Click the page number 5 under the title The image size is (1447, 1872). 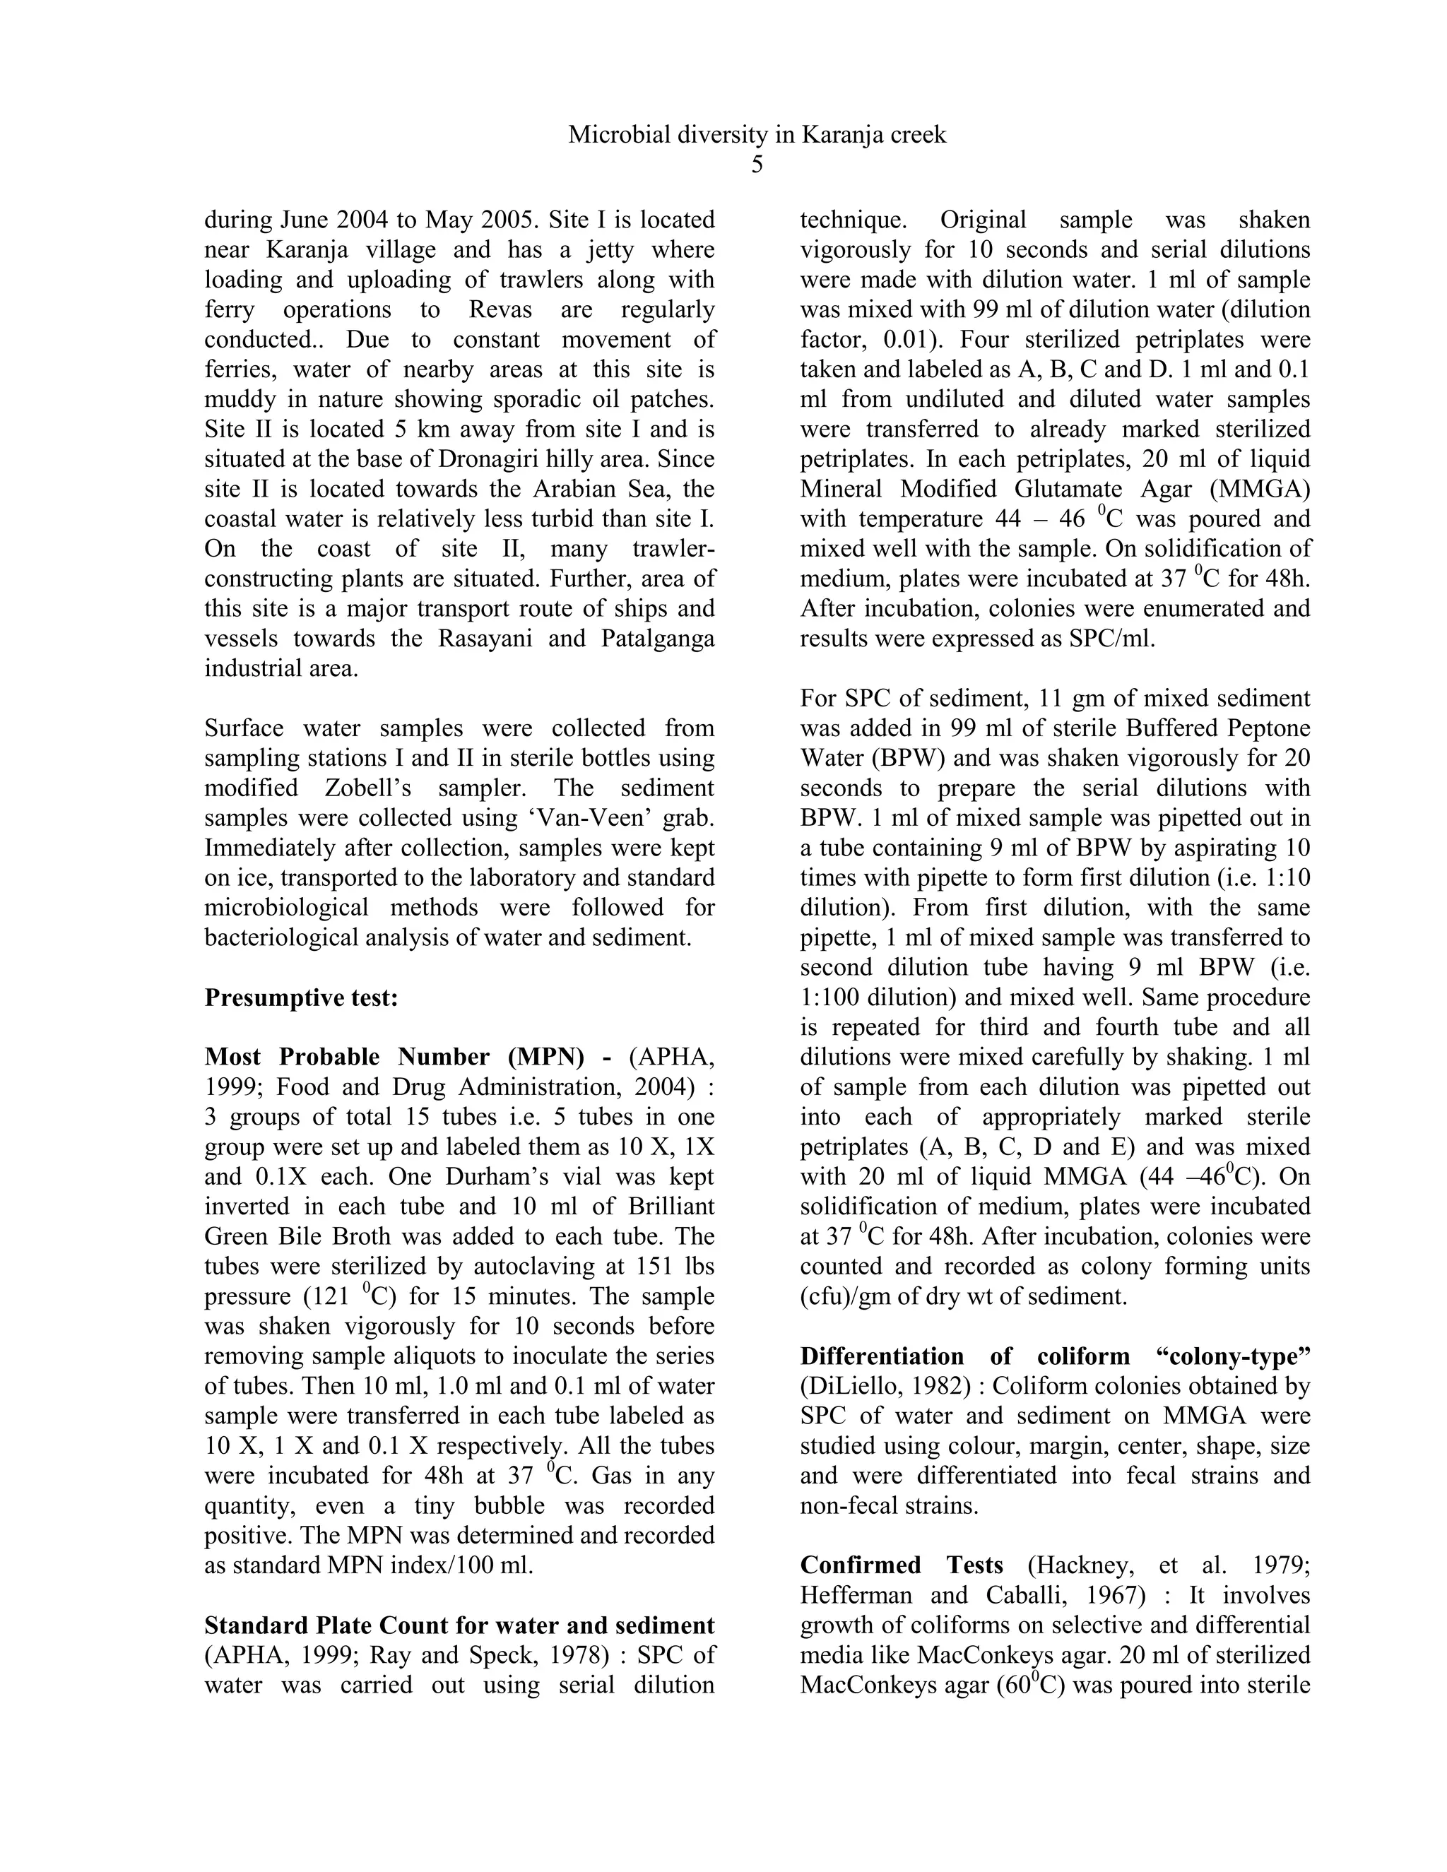coord(757,165)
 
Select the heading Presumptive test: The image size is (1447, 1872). coord(301,997)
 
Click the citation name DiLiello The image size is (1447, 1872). coord(846,1386)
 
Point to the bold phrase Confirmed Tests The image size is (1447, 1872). coord(902,1565)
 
